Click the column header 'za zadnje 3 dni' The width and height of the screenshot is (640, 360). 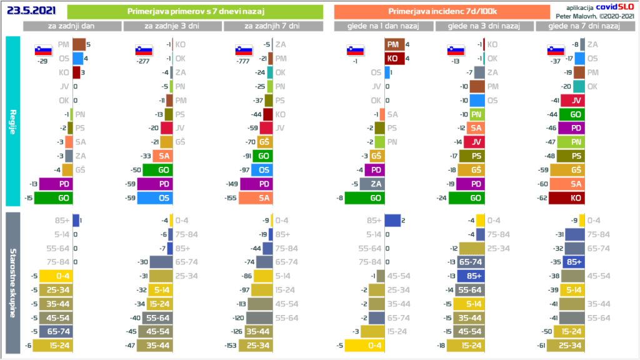click(172, 26)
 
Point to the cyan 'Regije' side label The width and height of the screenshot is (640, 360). click(13, 121)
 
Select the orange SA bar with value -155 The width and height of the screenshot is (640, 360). click(252, 198)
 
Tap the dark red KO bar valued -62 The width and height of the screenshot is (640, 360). click(566, 198)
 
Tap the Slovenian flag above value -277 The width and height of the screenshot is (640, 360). click(143, 50)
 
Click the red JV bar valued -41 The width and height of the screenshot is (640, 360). click(572, 101)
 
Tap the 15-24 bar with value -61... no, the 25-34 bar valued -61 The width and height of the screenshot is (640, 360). click(566, 345)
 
